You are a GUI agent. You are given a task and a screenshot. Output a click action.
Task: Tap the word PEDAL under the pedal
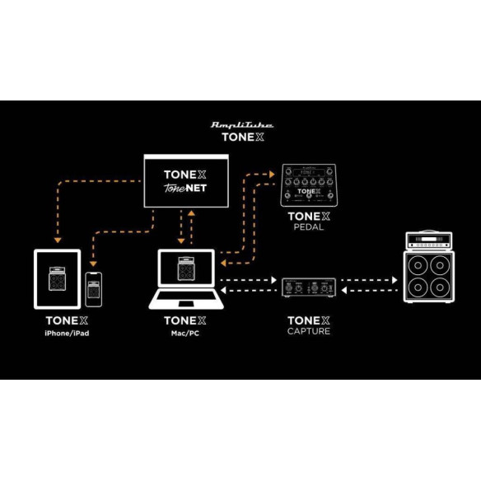point(308,227)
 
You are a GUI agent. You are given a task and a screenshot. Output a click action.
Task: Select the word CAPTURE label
point(308,332)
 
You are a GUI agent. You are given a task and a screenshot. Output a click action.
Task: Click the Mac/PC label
point(184,332)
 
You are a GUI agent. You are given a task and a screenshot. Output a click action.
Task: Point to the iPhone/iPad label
point(65,332)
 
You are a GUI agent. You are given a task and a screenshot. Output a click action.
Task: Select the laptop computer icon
point(184,280)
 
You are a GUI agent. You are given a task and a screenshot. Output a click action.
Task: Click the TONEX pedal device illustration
point(308,184)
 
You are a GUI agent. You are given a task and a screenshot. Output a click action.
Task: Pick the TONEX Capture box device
point(308,287)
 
